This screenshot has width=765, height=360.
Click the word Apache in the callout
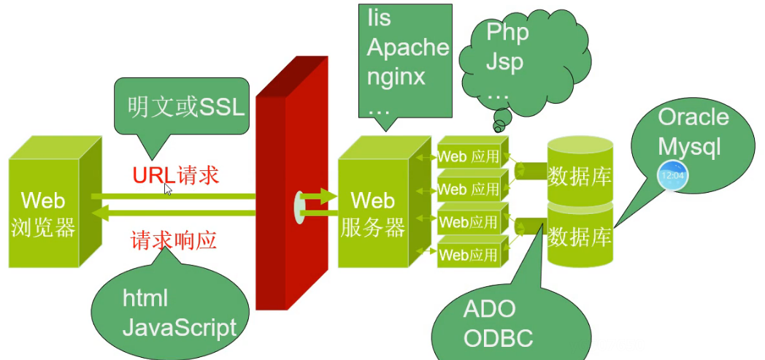pyautogui.click(x=407, y=47)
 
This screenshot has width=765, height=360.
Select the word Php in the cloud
pyautogui.click(x=507, y=32)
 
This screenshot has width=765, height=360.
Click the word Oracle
pyautogui.click(x=693, y=117)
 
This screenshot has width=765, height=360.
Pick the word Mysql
pyautogui.click(x=688, y=146)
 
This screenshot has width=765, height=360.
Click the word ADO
pyautogui.click(x=489, y=309)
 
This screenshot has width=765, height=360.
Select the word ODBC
pyautogui.click(x=498, y=339)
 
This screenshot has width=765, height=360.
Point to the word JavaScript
pyautogui.click(x=179, y=327)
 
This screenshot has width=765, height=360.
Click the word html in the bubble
pyautogui.click(x=145, y=298)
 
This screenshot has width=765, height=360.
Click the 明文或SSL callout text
pyautogui.click(x=185, y=108)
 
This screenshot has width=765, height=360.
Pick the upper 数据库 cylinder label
pyautogui.click(x=580, y=177)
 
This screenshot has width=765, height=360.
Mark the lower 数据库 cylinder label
pyautogui.click(x=580, y=237)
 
